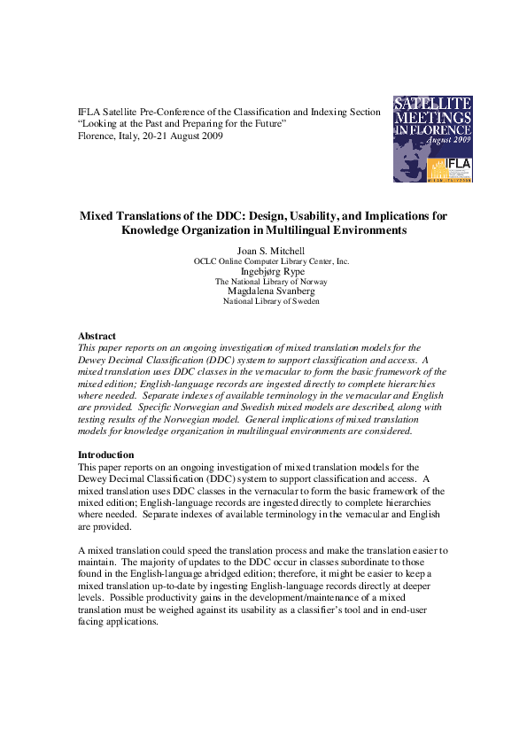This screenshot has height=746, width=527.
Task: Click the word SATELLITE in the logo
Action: coord(432,104)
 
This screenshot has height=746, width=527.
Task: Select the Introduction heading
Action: coord(106,454)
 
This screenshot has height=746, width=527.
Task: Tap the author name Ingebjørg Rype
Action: coord(272,271)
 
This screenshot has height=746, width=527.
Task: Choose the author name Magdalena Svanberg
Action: coord(271,291)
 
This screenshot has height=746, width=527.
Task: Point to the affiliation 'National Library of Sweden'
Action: coord(271,301)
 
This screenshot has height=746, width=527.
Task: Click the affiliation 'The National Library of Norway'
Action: coord(271,281)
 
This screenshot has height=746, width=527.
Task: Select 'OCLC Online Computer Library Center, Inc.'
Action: coord(271,261)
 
